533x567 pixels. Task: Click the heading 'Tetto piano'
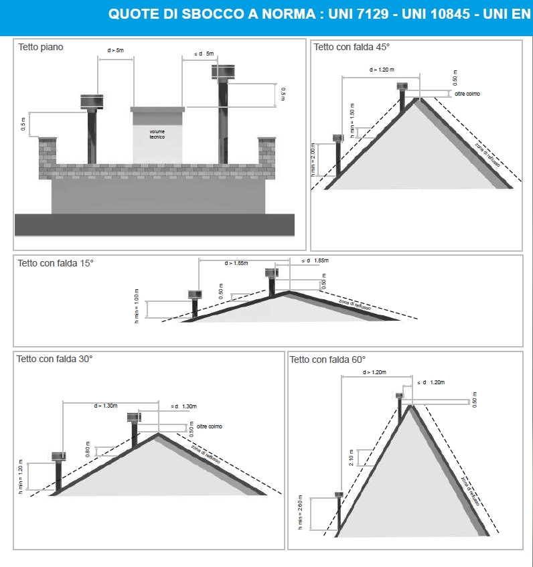point(41,48)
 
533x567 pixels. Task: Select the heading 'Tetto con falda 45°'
point(352,47)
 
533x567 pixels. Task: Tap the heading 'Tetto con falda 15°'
point(56,263)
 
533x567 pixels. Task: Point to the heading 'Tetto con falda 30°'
point(54,359)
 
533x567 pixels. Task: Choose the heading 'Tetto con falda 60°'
point(327,359)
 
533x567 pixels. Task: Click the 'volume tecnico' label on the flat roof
point(157,134)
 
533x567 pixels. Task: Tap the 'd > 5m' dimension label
point(116,51)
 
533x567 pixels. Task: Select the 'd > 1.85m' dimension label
point(236,263)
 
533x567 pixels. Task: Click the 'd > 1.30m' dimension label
point(106,406)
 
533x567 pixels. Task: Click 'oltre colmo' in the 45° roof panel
point(467,94)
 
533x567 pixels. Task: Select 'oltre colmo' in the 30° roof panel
point(210,426)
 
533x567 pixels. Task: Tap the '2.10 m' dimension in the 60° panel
point(352,457)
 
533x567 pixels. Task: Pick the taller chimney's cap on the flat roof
point(223,71)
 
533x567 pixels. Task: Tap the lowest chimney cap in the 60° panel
point(339,495)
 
